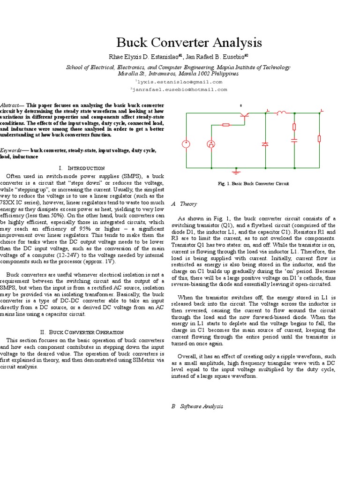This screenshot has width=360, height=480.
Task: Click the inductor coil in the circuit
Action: [x=282, y=112]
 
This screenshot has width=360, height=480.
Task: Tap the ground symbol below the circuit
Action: [x=237, y=171]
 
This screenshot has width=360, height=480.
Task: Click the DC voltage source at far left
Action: [x=186, y=143]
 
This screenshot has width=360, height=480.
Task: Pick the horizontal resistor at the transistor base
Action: [x=226, y=125]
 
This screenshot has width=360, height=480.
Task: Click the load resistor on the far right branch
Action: [x=320, y=138]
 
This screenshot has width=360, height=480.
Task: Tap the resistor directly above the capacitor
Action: [x=294, y=127]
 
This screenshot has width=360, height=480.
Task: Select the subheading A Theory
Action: [x=184, y=204]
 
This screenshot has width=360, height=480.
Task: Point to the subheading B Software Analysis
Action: [x=197, y=406]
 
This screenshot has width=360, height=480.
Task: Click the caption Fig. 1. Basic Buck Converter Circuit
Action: [x=254, y=183]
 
